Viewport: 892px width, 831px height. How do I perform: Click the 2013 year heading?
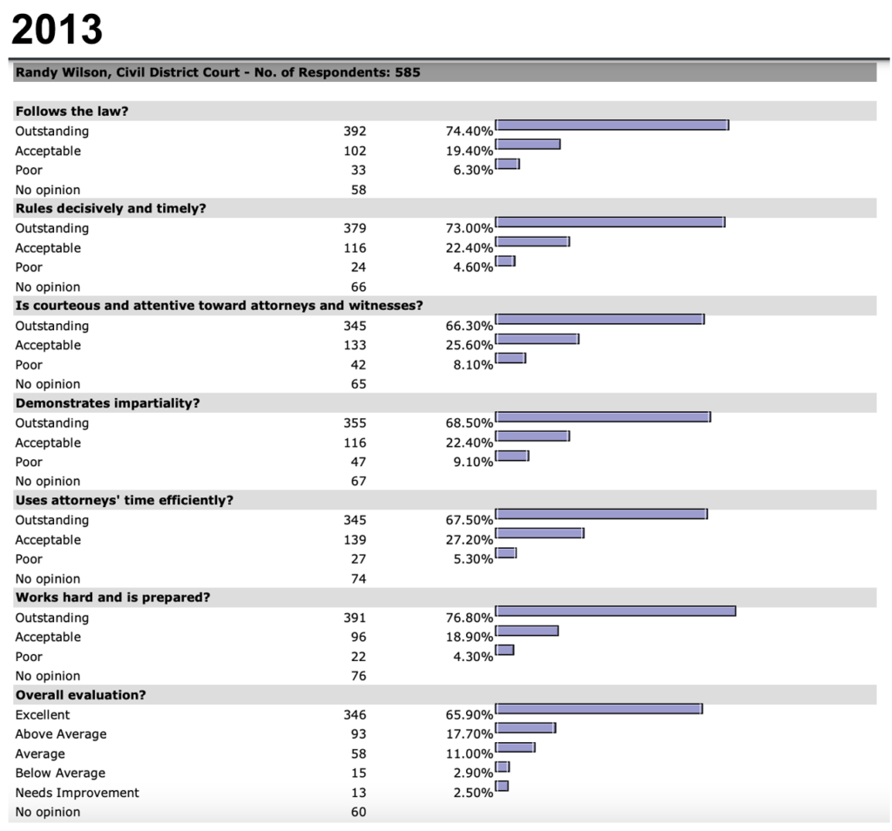pyautogui.click(x=57, y=29)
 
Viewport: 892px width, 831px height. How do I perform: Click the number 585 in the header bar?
pyautogui.click(x=408, y=72)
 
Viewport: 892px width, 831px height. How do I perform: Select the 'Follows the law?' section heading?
pyautogui.click(x=71, y=111)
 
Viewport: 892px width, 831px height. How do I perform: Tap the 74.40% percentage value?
pyautogui.click(x=470, y=131)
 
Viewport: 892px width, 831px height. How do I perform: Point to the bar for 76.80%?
pyautogui.click(x=616, y=611)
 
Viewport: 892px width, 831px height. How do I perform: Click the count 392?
pyautogui.click(x=355, y=131)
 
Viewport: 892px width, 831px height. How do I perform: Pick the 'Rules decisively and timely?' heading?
pyautogui.click(x=111, y=208)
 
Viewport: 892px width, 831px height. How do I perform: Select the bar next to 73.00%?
pyautogui.click(x=610, y=222)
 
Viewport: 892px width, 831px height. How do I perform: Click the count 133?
pyautogui.click(x=355, y=345)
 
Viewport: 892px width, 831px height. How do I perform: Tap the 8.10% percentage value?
pyautogui.click(x=473, y=365)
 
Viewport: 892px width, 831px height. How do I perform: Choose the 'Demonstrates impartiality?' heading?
pyautogui.click(x=107, y=402)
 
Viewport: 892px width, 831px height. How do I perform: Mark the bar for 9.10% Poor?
pyautogui.click(x=512, y=455)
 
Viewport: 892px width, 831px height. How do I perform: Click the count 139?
pyautogui.click(x=355, y=539)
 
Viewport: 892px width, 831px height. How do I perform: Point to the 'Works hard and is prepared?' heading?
pyautogui.click(x=112, y=598)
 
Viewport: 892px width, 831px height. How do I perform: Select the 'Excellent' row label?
pyautogui.click(x=43, y=714)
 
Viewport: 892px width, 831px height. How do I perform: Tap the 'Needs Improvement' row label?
pyautogui.click(x=77, y=793)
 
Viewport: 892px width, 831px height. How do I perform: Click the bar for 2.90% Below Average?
pyautogui.click(x=503, y=767)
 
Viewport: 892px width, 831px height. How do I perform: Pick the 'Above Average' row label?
pyautogui.click(x=61, y=733)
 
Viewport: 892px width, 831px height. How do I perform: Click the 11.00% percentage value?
pyautogui.click(x=470, y=753)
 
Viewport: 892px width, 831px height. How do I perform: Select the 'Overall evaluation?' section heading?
pyautogui.click(x=81, y=694)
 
